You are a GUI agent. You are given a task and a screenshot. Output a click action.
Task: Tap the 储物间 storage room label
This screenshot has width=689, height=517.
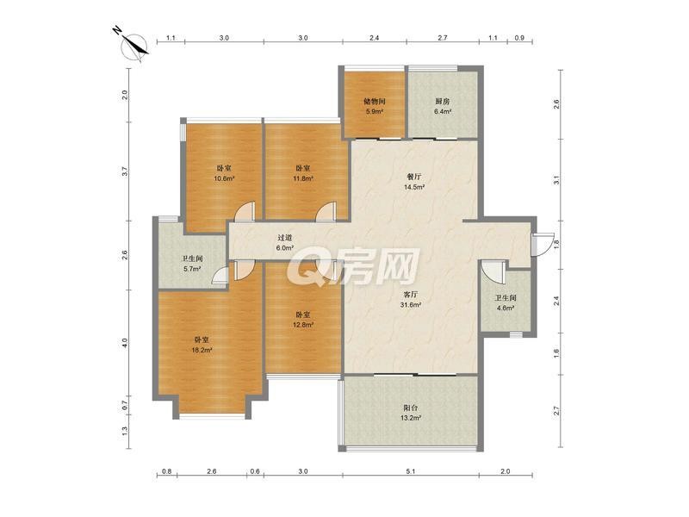click(374, 102)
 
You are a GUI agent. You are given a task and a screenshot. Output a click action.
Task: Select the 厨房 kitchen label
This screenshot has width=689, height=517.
click(443, 102)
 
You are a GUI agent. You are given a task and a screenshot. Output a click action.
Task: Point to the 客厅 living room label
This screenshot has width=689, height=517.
click(411, 294)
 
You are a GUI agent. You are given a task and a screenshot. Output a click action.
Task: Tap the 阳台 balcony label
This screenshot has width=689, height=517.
click(411, 408)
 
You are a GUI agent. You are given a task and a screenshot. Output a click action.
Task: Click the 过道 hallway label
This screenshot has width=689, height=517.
click(284, 238)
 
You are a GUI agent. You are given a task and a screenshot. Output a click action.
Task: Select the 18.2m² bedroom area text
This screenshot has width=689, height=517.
click(202, 351)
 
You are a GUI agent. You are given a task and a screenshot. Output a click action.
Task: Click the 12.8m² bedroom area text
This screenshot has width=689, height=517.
click(303, 326)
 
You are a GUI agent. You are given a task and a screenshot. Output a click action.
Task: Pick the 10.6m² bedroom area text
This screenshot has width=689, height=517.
click(224, 178)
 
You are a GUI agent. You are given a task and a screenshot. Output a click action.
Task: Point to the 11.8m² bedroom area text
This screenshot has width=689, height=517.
click(303, 178)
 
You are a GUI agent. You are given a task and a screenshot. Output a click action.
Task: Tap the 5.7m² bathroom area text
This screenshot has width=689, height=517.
click(192, 269)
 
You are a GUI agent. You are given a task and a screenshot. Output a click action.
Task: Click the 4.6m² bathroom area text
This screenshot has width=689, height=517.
click(506, 308)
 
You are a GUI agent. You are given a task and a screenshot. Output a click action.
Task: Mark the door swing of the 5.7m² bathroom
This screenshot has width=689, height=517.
click(220, 277)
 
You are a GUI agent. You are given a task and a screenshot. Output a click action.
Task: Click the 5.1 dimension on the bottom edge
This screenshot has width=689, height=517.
click(411, 471)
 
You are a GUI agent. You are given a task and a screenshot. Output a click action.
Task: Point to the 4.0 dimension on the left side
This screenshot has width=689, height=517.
click(125, 343)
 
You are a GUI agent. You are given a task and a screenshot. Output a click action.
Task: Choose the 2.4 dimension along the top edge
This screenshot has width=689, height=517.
click(374, 38)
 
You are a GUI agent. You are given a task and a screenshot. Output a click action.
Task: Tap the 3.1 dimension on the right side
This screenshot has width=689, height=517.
click(556, 180)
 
